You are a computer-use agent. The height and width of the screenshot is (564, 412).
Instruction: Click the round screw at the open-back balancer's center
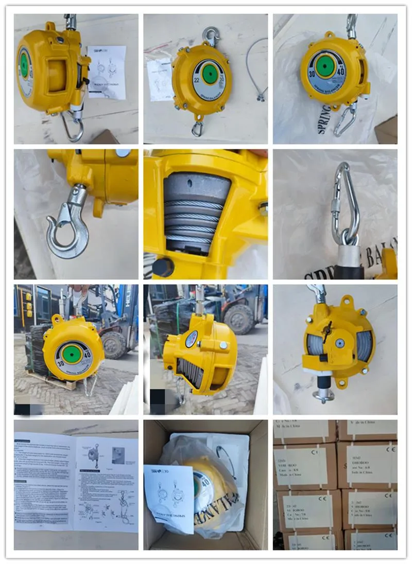pos(339,342)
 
